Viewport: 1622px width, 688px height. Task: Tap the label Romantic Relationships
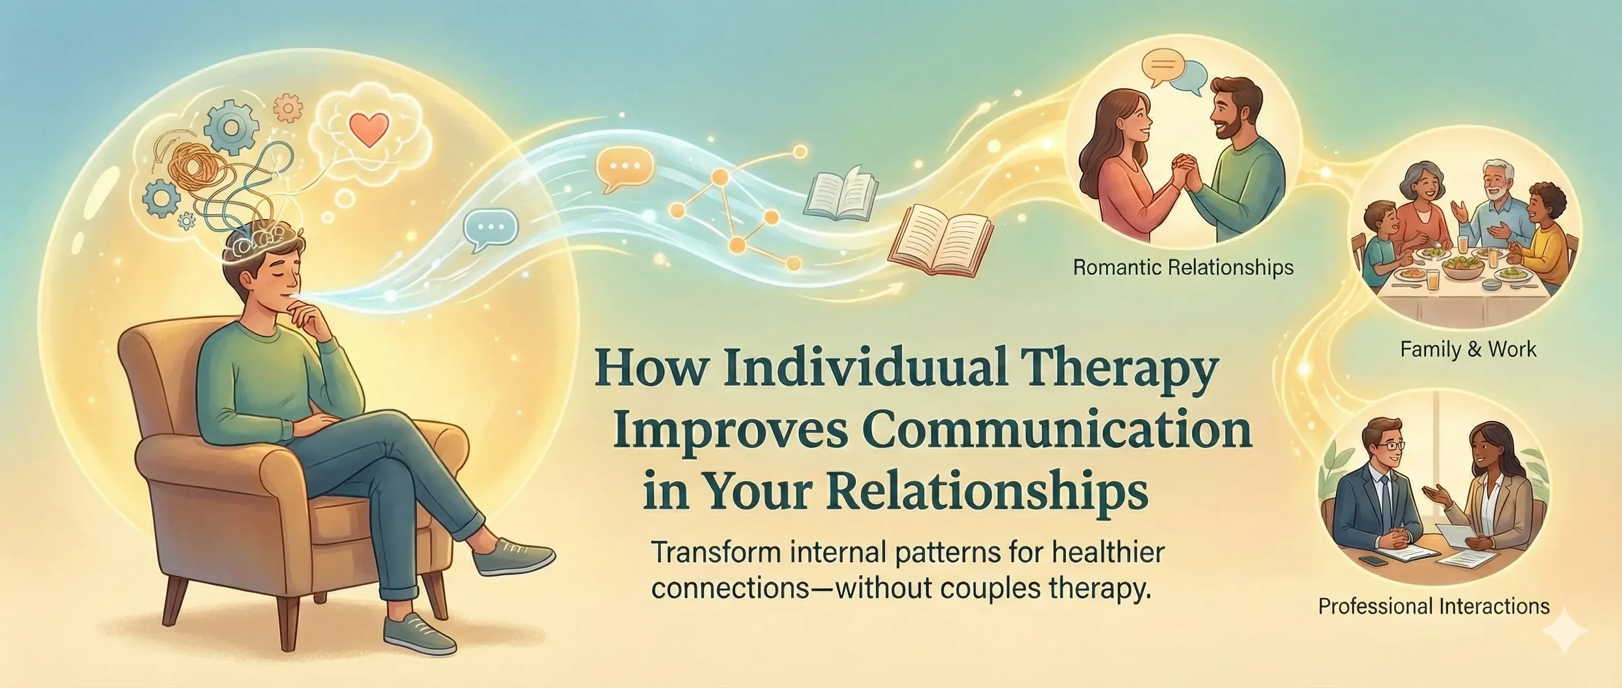pos(1183,267)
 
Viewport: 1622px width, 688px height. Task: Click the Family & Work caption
pos(1468,350)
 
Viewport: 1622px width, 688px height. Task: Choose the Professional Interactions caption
pos(1434,606)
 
